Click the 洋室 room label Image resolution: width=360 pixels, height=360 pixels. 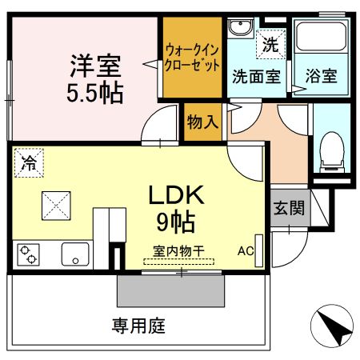point(95,63)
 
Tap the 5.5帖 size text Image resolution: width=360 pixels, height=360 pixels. point(95,92)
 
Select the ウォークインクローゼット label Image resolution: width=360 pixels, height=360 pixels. point(192,57)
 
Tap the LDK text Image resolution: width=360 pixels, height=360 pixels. point(178,194)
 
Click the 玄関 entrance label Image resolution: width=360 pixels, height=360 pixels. point(288,208)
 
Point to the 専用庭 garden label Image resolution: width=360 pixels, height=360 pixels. point(138,326)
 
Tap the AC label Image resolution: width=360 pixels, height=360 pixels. point(244,250)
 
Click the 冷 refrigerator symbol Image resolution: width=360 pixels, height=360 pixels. point(28,164)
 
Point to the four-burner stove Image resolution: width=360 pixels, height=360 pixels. point(30,255)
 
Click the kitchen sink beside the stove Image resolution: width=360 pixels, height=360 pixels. point(77,255)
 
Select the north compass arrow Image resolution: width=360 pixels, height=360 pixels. point(332,326)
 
